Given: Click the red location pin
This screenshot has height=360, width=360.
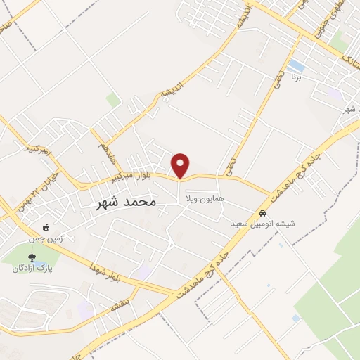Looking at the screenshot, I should click(x=181, y=165).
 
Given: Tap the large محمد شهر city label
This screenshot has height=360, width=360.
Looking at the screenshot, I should click(x=124, y=202).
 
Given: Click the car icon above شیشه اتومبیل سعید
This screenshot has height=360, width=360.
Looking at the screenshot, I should click(x=262, y=213).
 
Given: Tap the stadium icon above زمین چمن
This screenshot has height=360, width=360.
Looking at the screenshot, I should click(x=46, y=227).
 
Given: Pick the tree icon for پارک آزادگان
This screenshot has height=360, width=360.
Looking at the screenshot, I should click(x=32, y=257).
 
